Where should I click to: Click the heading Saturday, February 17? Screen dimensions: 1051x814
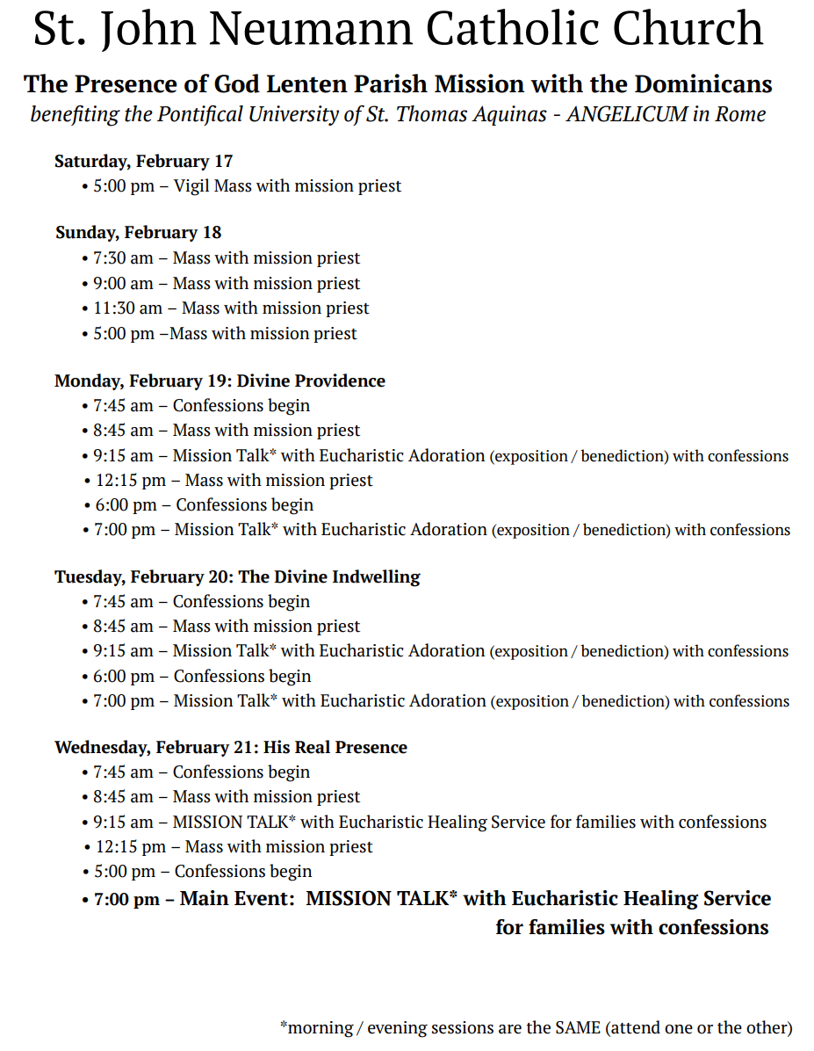[x=143, y=161]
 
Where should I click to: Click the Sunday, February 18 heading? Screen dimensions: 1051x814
[x=138, y=233]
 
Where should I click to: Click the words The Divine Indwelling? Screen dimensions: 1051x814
[x=329, y=577]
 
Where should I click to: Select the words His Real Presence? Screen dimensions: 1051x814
[x=335, y=748]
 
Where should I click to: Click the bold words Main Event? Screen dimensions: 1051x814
[x=235, y=900]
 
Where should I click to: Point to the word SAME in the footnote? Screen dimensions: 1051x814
[x=577, y=1027]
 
